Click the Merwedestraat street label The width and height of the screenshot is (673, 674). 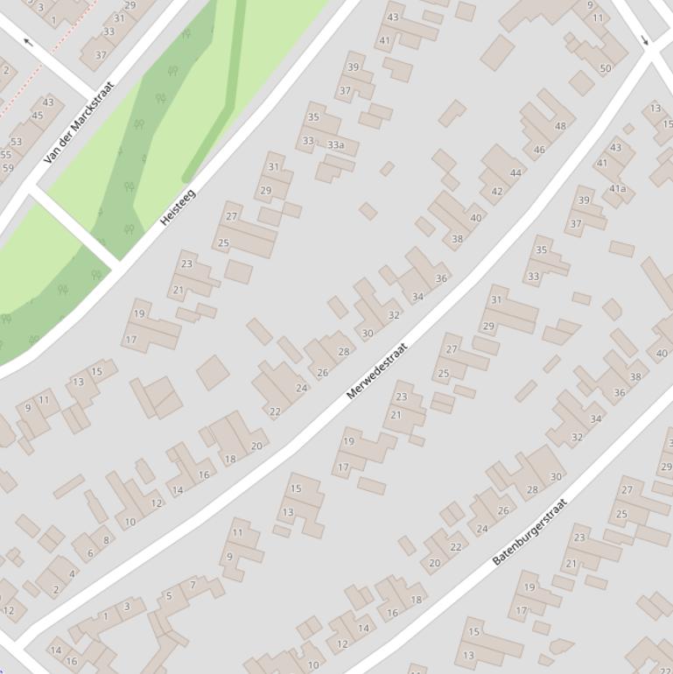tap(377, 371)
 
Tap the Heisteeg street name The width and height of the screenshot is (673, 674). tap(178, 207)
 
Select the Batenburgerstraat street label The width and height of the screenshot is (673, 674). tap(529, 531)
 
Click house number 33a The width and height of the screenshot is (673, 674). tap(335, 144)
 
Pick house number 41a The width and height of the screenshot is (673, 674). tap(618, 188)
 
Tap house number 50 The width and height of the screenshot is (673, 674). tap(606, 68)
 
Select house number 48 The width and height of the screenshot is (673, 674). tap(560, 126)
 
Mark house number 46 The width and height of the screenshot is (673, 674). tap(539, 150)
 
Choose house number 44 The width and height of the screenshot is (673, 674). tap(515, 172)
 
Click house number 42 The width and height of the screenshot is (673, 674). tap(497, 192)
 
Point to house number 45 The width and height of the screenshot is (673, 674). tap(37, 116)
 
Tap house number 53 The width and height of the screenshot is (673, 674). tap(17, 142)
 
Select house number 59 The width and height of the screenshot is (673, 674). tap(7, 168)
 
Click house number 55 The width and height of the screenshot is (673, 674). tap(5, 155)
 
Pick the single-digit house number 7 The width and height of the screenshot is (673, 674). tap(193, 585)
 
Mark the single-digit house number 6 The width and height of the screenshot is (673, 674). tap(90, 553)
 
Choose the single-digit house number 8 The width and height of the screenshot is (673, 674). tap(107, 540)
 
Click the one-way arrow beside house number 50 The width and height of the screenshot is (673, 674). tap(645, 40)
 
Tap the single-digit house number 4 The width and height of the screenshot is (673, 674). tap(72, 574)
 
